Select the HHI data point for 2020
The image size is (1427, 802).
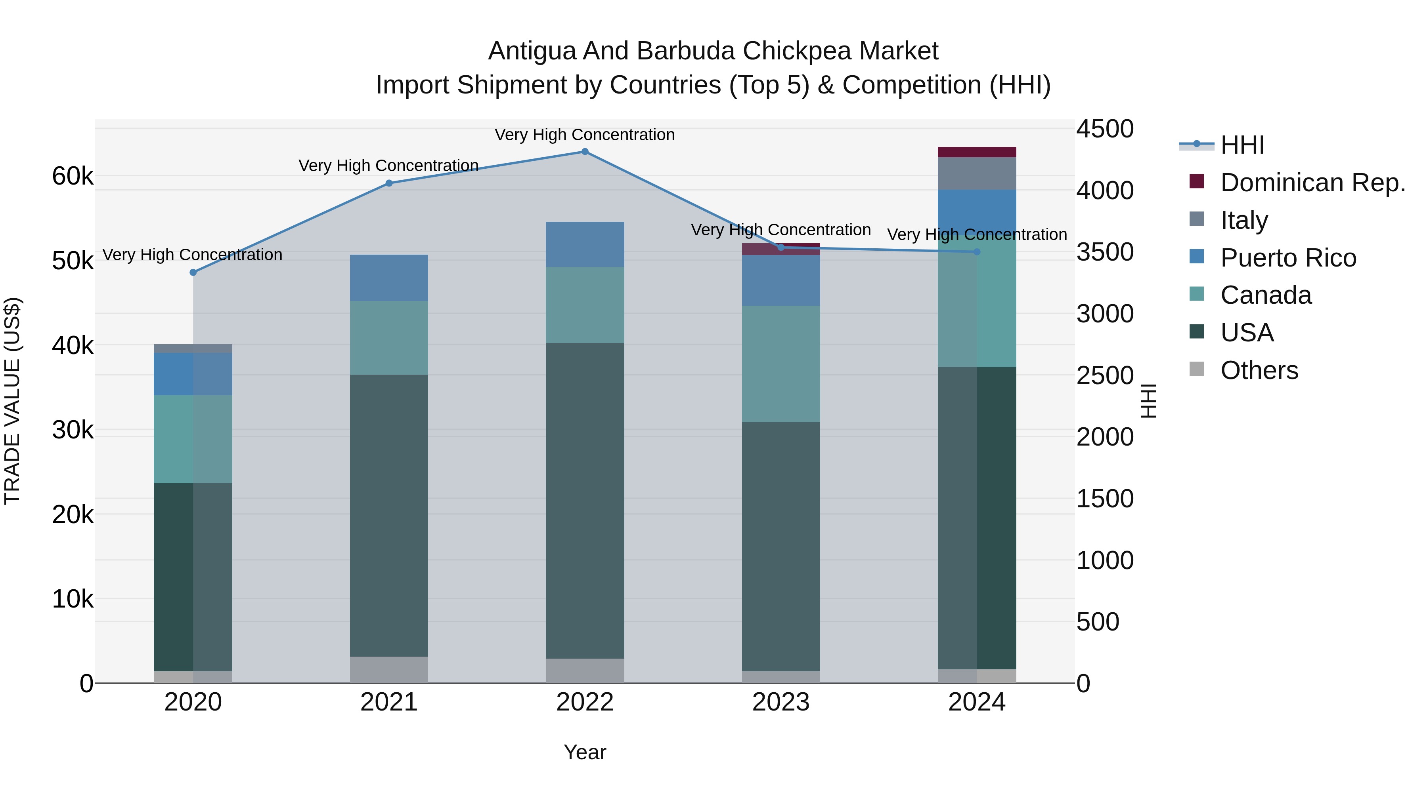coord(193,272)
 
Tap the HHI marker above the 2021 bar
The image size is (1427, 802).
coord(389,183)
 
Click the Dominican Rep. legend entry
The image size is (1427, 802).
coord(1312,183)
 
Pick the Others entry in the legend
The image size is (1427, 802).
coord(1259,370)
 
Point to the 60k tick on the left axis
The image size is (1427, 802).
coord(73,177)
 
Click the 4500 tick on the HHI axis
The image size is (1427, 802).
coord(1105,129)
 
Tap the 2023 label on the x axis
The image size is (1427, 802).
coord(780,702)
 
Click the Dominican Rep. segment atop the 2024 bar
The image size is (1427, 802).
coord(977,152)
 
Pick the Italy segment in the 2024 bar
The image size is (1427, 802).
coord(977,174)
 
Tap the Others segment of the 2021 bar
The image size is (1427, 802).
coord(389,670)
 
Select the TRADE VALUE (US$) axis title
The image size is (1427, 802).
coord(12,401)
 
